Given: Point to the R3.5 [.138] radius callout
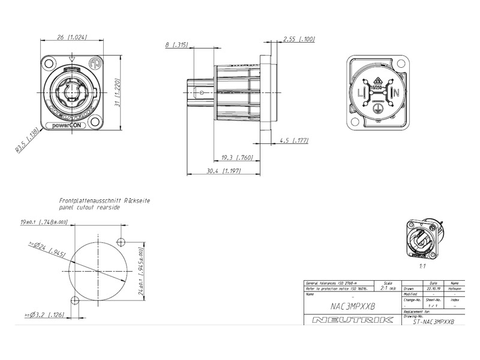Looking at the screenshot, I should click(28, 140).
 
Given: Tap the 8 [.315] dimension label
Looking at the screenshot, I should click(176, 44).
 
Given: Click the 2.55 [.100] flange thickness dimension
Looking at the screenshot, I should click(299, 39).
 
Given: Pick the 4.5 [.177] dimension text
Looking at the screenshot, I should click(294, 141).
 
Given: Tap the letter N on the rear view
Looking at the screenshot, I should click(397, 93).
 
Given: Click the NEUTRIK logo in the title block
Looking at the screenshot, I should click(353, 320).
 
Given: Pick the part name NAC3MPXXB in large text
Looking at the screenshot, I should click(353, 305).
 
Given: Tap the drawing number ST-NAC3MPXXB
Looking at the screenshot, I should click(434, 322).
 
